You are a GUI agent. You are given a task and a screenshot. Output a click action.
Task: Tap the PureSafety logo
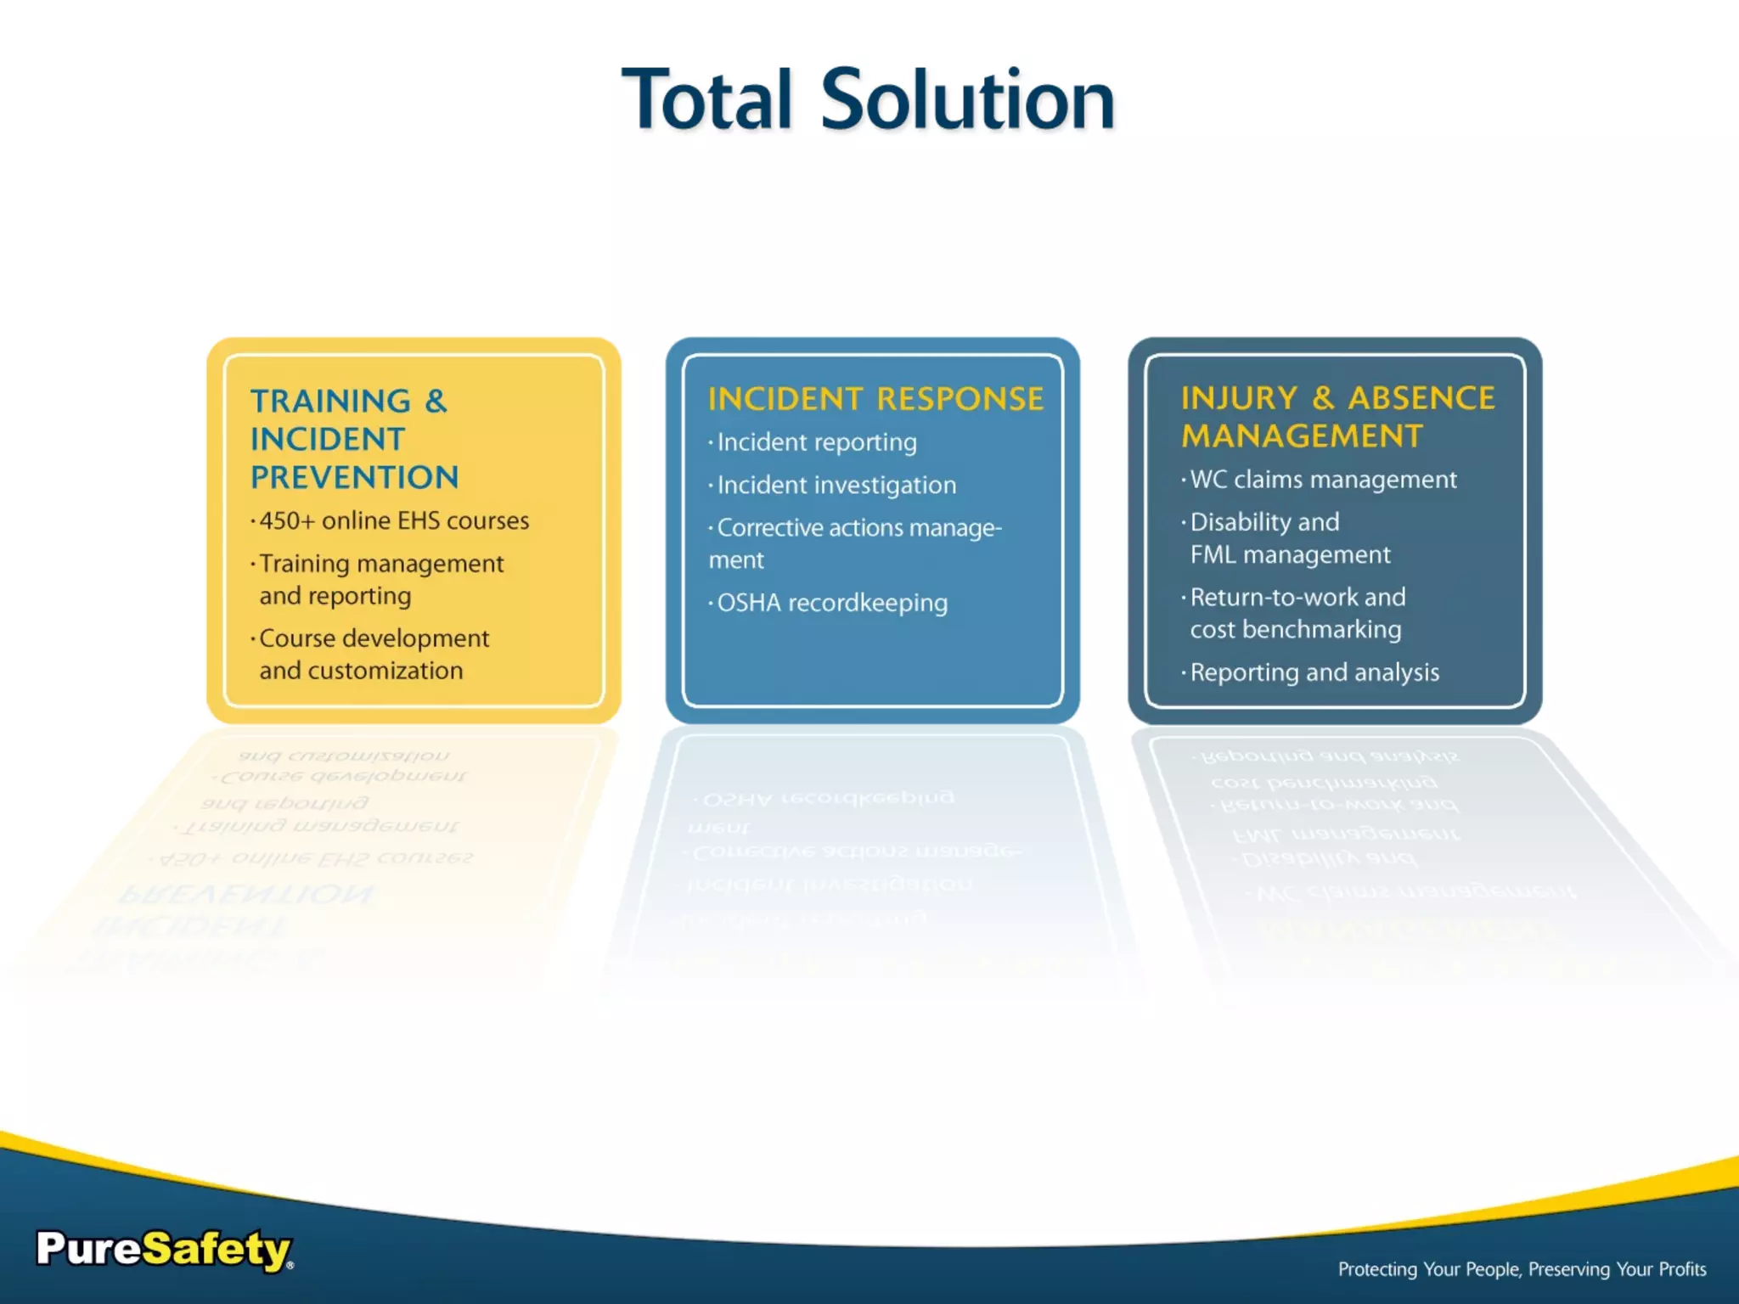tap(165, 1250)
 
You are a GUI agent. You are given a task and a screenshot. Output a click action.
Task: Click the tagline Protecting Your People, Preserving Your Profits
tap(1522, 1269)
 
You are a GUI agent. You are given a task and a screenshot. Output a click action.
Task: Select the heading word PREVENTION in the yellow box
tap(354, 478)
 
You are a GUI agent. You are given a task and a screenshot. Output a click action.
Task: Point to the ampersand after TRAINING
tap(436, 401)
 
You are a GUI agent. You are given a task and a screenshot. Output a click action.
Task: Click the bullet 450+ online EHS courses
tap(394, 520)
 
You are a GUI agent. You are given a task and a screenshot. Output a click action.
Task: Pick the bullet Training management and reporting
tap(380, 579)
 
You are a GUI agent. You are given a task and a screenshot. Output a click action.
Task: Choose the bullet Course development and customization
tap(374, 654)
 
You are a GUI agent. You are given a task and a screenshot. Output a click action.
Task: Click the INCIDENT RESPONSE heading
tap(875, 399)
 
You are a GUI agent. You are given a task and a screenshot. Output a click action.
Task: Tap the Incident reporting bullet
tap(817, 442)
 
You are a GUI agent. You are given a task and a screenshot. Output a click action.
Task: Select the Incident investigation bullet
tap(836, 485)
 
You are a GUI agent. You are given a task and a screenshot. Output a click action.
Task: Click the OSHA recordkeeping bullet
tap(832, 603)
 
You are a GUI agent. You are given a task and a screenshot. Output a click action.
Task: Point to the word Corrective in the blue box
tap(769, 528)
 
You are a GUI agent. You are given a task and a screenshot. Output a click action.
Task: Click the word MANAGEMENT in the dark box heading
tap(1302, 436)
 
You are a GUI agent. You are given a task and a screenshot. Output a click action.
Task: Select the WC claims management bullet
tap(1323, 480)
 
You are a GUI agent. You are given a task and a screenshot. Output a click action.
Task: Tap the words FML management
tap(1290, 555)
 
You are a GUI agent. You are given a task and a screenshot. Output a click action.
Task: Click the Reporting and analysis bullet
tap(1314, 672)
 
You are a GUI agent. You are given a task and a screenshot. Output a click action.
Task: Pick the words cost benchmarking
tap(1295, 630)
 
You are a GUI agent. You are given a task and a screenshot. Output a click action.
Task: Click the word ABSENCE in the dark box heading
tap(1421, 398)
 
